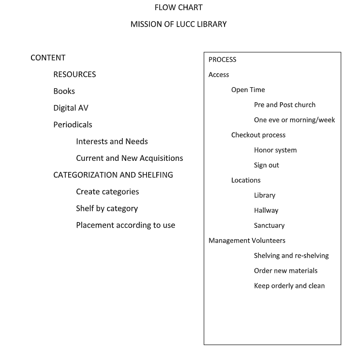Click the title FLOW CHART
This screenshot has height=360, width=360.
179,7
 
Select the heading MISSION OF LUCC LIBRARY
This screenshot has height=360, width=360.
179,24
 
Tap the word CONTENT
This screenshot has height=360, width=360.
48,58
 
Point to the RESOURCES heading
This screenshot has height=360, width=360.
75,74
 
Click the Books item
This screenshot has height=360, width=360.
64,91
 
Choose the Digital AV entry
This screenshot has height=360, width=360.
71,108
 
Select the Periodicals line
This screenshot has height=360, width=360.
73,125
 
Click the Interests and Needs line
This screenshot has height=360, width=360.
112,141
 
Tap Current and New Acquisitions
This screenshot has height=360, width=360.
129,158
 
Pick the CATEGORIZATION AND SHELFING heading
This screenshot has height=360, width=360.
113,175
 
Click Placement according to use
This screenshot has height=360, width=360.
125,225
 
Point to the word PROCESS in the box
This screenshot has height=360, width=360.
222,60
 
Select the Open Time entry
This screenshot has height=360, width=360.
248,90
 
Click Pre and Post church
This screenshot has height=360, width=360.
285,105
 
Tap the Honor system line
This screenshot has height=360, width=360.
275,150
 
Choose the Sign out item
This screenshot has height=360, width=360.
266,165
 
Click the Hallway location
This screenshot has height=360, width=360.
266,210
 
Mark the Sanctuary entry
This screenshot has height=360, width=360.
269,225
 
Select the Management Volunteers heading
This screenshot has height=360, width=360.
247,240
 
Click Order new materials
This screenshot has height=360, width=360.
285,271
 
